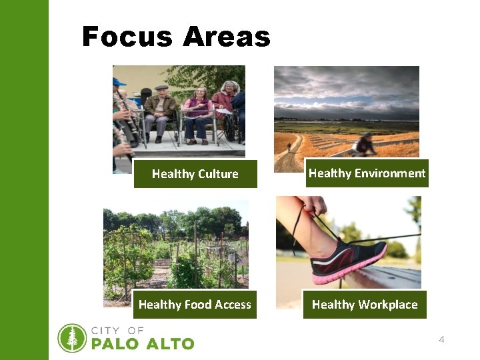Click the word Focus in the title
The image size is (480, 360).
[x=125, y=37]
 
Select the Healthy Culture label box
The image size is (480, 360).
[x=195, y=174]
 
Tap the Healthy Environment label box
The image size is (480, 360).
[x=367, y=173]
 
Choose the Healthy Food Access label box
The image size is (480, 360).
[x=195, y=305]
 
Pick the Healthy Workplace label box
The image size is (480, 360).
[x=365, y=305]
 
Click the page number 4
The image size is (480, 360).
[x=441, y=340]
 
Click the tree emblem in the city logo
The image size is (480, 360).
[x=72, y=338]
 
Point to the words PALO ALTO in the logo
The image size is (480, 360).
[x=142, y=344]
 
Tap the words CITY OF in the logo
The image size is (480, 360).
[x=117, y=331]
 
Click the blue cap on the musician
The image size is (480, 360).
[x=119, y=82]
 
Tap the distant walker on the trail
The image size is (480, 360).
[x=289, y=147]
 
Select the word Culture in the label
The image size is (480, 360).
[x=217, y=174]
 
